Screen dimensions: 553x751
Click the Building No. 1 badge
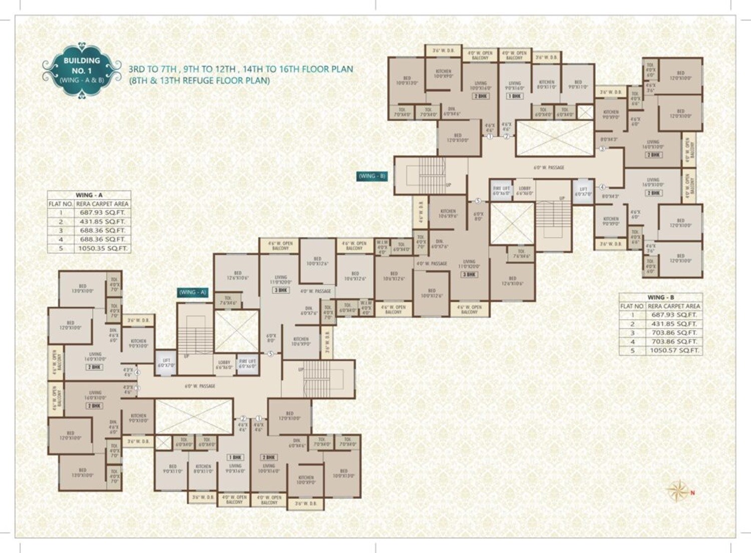82,70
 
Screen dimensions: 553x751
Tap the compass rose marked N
678,490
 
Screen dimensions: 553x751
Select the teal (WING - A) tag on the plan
193,292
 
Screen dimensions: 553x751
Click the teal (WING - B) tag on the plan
371,176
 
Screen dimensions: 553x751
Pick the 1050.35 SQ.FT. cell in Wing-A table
103,248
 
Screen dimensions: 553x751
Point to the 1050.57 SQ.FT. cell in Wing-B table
674,350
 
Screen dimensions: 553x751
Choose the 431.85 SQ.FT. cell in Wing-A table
103,221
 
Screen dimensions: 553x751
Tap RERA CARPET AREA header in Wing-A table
103,204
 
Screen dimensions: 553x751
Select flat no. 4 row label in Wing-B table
632,341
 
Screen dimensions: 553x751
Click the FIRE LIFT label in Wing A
247,363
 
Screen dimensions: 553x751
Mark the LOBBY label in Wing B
525,191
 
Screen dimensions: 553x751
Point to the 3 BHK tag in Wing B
470,274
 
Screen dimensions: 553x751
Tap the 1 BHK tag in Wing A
235,457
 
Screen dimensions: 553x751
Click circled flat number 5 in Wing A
270,354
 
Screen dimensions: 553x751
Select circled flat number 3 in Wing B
602,149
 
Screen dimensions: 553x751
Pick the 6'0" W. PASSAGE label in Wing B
549,168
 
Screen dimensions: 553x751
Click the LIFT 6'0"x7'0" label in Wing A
166,363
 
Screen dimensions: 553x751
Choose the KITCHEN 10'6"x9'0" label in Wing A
301,341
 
